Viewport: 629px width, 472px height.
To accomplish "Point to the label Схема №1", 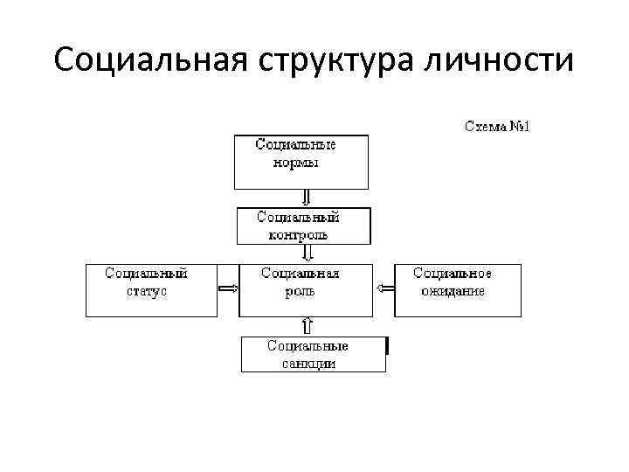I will click(496, 127).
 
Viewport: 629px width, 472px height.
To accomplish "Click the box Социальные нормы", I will click(301, 162).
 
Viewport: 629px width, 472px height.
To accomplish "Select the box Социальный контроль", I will click(304, 226).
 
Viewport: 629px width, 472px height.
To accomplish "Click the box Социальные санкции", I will click(313, 353).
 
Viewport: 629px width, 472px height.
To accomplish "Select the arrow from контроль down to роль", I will click(307, 253).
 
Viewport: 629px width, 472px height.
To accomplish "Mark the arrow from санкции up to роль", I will click(307, 326).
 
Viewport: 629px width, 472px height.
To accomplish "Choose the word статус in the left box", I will click(147, 291).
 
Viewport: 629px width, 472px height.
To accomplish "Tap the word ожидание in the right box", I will click(453, 291).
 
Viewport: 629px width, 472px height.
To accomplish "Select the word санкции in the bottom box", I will click(308, 364).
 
